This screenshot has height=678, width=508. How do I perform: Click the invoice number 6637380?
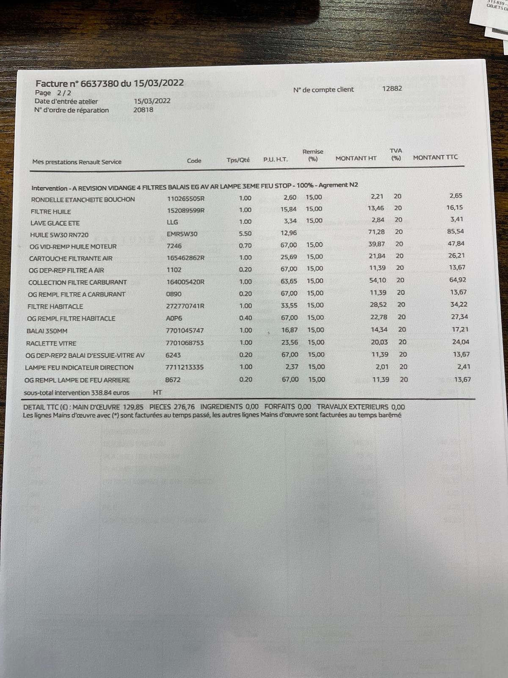point(99,83)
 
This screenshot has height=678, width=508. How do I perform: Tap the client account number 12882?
point(392,89)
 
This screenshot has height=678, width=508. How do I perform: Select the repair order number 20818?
point(143,110)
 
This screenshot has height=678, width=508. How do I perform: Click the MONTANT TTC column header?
point(435,157)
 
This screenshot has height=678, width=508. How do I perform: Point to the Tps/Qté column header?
point(238,160)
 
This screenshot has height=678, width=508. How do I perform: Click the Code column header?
point(194,161)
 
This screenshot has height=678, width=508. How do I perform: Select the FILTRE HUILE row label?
point(51,211)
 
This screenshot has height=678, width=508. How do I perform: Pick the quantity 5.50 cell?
point(245,233)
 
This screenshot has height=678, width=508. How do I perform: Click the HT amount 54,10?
point(378,280)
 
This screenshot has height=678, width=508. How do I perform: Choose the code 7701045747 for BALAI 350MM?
point(185,331)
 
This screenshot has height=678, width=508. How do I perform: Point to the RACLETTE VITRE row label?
point(51,343)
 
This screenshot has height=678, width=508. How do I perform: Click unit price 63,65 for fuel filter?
point(289,281)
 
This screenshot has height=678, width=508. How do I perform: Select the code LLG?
point(172,222)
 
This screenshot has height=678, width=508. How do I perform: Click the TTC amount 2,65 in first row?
point(456,196)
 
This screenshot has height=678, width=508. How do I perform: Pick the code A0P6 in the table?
point(174,318)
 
